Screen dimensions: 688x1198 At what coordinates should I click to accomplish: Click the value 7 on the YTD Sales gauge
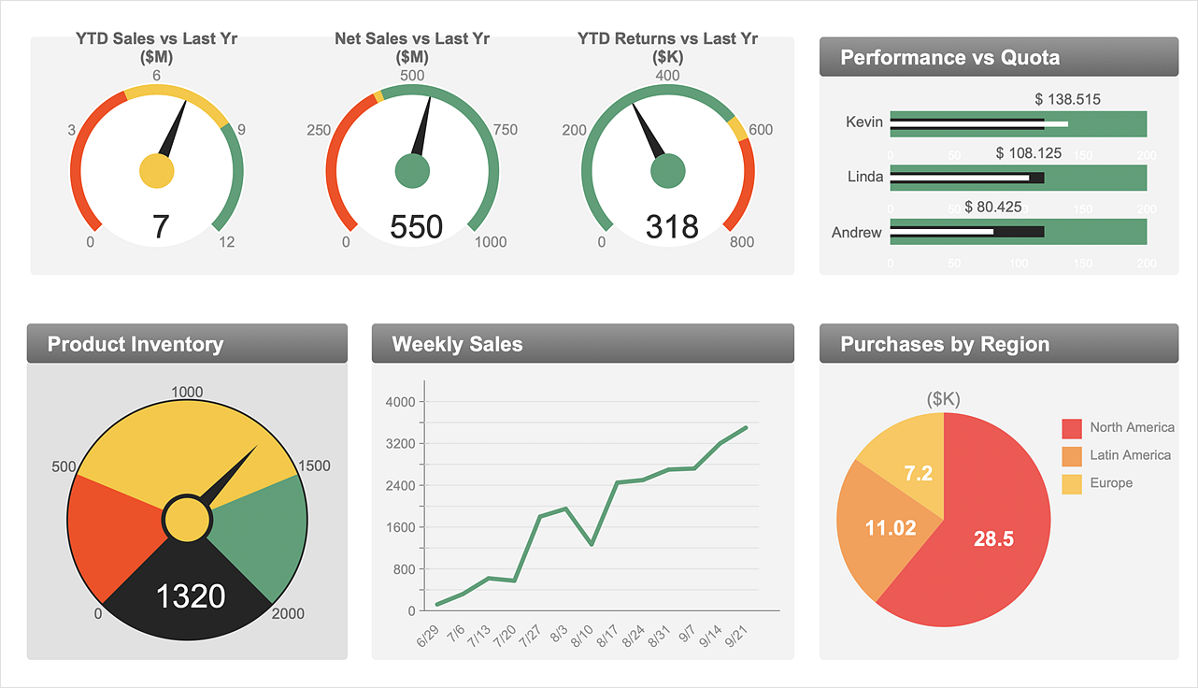[x=161, y=226]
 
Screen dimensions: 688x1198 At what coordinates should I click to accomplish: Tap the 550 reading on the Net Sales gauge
[x=416, y=226]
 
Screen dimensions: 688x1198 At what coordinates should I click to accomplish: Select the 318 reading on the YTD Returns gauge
[x=672, y=226]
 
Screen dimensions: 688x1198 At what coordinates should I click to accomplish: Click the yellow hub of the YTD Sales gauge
[x=156, y=170]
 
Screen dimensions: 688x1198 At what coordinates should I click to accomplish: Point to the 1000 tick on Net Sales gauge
[x=491, y=242]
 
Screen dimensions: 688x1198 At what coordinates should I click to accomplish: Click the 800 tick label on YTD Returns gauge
[x=742, y=242]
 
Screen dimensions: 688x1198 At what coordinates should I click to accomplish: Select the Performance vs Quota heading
[x=949, y=58]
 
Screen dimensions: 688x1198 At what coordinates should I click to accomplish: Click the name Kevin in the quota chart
[x=863, y=122]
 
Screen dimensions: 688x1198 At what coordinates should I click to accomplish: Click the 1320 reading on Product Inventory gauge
[x=190, y=595]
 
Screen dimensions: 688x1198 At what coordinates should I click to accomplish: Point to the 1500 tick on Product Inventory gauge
[x=313, y=466]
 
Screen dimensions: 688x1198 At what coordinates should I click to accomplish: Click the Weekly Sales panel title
[x=457, y=344]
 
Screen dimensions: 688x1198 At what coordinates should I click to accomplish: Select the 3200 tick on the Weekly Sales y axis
[x=400, y=444]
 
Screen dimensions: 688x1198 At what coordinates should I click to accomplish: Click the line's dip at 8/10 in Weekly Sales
[x=592, y=544]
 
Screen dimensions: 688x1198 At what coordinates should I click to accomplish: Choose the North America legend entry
[x=1132, y=427]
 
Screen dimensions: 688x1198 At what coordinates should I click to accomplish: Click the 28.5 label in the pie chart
[x=992, y=538]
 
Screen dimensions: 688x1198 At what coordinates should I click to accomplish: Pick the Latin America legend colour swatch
[x=1072, y=456]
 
